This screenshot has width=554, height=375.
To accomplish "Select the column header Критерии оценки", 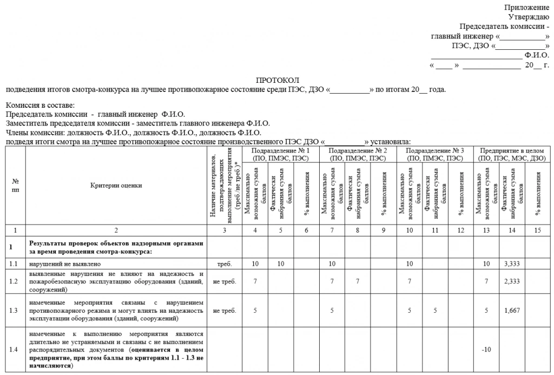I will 116,185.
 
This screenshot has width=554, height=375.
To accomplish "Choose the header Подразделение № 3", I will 435,150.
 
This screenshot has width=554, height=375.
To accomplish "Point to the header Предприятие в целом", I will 512,150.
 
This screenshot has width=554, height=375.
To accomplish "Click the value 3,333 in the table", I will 512,264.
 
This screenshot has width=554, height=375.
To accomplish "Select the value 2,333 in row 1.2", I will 512,282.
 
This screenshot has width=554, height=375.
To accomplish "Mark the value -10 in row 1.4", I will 486,348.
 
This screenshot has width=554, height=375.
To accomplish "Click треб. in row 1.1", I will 224,264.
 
